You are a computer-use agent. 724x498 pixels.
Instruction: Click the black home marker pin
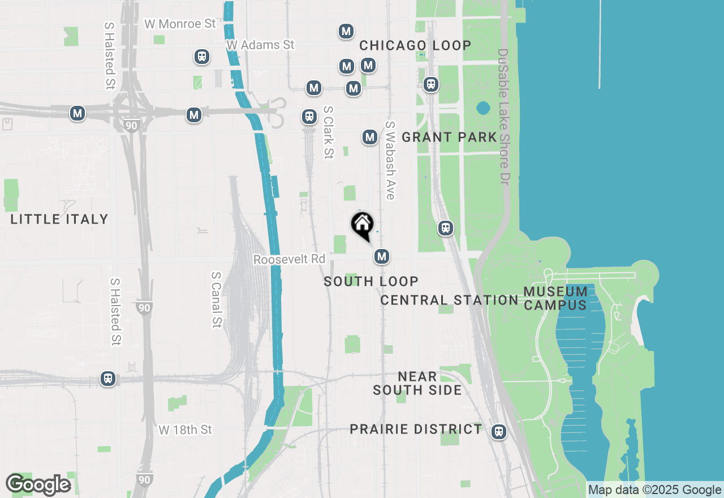(362, 225)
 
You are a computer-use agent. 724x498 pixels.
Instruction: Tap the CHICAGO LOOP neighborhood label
(415, 46)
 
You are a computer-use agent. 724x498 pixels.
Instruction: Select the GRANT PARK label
(449, 137)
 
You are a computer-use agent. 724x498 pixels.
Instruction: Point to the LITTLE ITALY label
(59, 219)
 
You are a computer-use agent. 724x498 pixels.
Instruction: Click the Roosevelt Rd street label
(290, 259)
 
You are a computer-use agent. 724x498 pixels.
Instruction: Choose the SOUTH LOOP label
(371, 281)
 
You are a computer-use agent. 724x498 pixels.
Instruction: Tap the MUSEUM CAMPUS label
(555, 298)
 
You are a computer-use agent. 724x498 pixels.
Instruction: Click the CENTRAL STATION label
(449, 300)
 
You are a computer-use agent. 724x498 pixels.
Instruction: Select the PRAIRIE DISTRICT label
(416, 429)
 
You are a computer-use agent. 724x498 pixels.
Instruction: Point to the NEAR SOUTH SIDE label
(417, 383)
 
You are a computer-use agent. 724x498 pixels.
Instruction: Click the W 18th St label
(185, 430)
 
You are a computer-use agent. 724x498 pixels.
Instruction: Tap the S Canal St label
(216, 299)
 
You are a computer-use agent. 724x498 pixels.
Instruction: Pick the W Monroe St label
(180, 24)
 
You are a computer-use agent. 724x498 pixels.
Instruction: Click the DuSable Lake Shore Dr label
(503, 117)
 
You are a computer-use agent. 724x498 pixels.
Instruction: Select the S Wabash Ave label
(390, 160)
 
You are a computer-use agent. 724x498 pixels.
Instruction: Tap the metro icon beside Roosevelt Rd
(382, 256)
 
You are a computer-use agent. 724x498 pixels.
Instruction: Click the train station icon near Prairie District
(498, 432)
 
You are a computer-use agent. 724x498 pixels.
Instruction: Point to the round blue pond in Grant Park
(482, 108)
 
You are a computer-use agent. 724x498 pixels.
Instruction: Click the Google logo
(38, 485)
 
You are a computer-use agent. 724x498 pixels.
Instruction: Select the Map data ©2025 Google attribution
(655, 490)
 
